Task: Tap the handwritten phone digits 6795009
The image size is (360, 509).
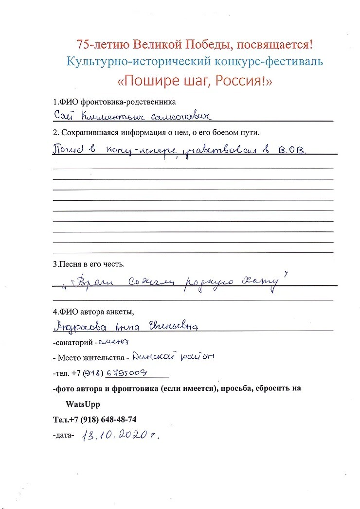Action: pyautogui.click(x=127, y=373)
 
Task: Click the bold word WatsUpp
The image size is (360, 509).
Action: pyautogui.click(x=83, y=404)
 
